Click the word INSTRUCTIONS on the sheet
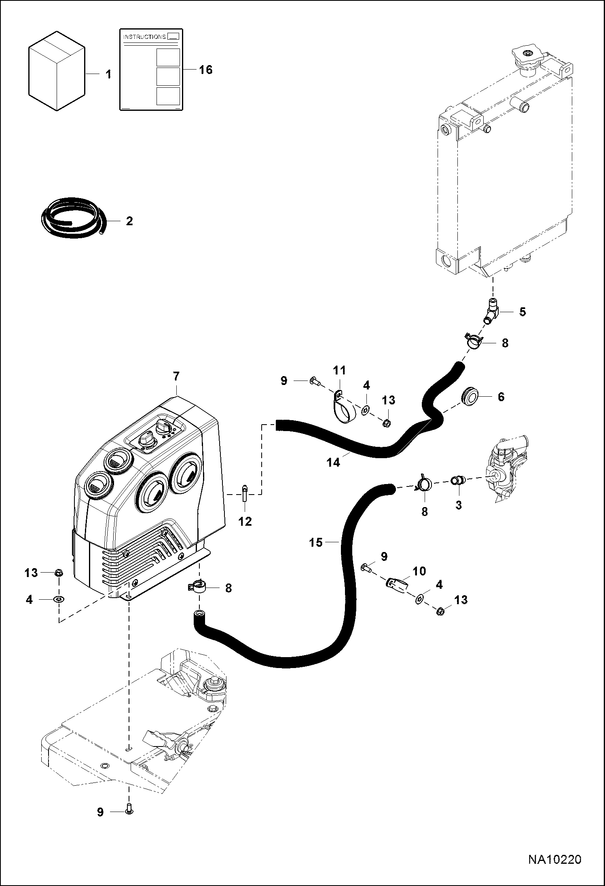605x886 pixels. coord(144,37)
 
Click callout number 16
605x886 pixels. coord(205,70)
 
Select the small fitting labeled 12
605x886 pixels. coord(245,494)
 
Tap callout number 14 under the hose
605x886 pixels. coord(334,462)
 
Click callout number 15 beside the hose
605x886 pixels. coord(316,542)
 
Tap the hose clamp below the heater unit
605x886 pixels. coord(198,587)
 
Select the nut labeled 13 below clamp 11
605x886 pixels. coord(386,424)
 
